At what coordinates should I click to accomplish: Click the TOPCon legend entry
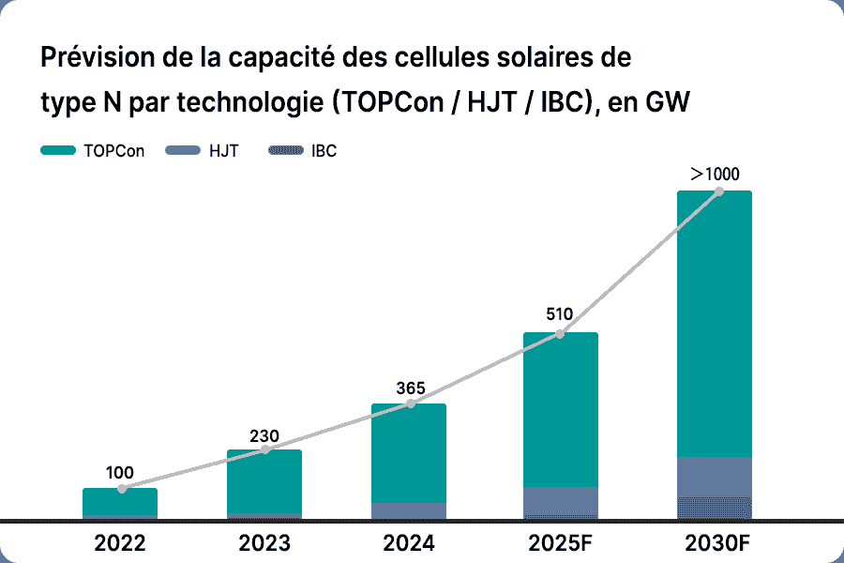coord(94,151)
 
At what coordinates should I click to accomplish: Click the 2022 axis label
coord(120,543)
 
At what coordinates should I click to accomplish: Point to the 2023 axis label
coord(264,543)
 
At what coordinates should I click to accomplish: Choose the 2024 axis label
coord(409,543)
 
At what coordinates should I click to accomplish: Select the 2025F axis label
coord(561,543)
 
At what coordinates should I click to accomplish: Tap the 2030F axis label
coord(714,543)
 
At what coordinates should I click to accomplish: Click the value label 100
coord(120,473)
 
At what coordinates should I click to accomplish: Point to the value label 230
coord(264,435)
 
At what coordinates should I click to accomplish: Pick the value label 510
coord(561,315)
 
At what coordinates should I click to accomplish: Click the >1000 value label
coord(715,174)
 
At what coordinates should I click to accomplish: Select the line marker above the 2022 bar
coord(122,489)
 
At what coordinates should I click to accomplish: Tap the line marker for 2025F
coord(560,333)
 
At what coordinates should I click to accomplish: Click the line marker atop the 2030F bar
coord(718,191)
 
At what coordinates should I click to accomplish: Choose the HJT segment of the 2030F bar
coord(715,477)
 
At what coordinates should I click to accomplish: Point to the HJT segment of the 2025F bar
coord(561,501)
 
